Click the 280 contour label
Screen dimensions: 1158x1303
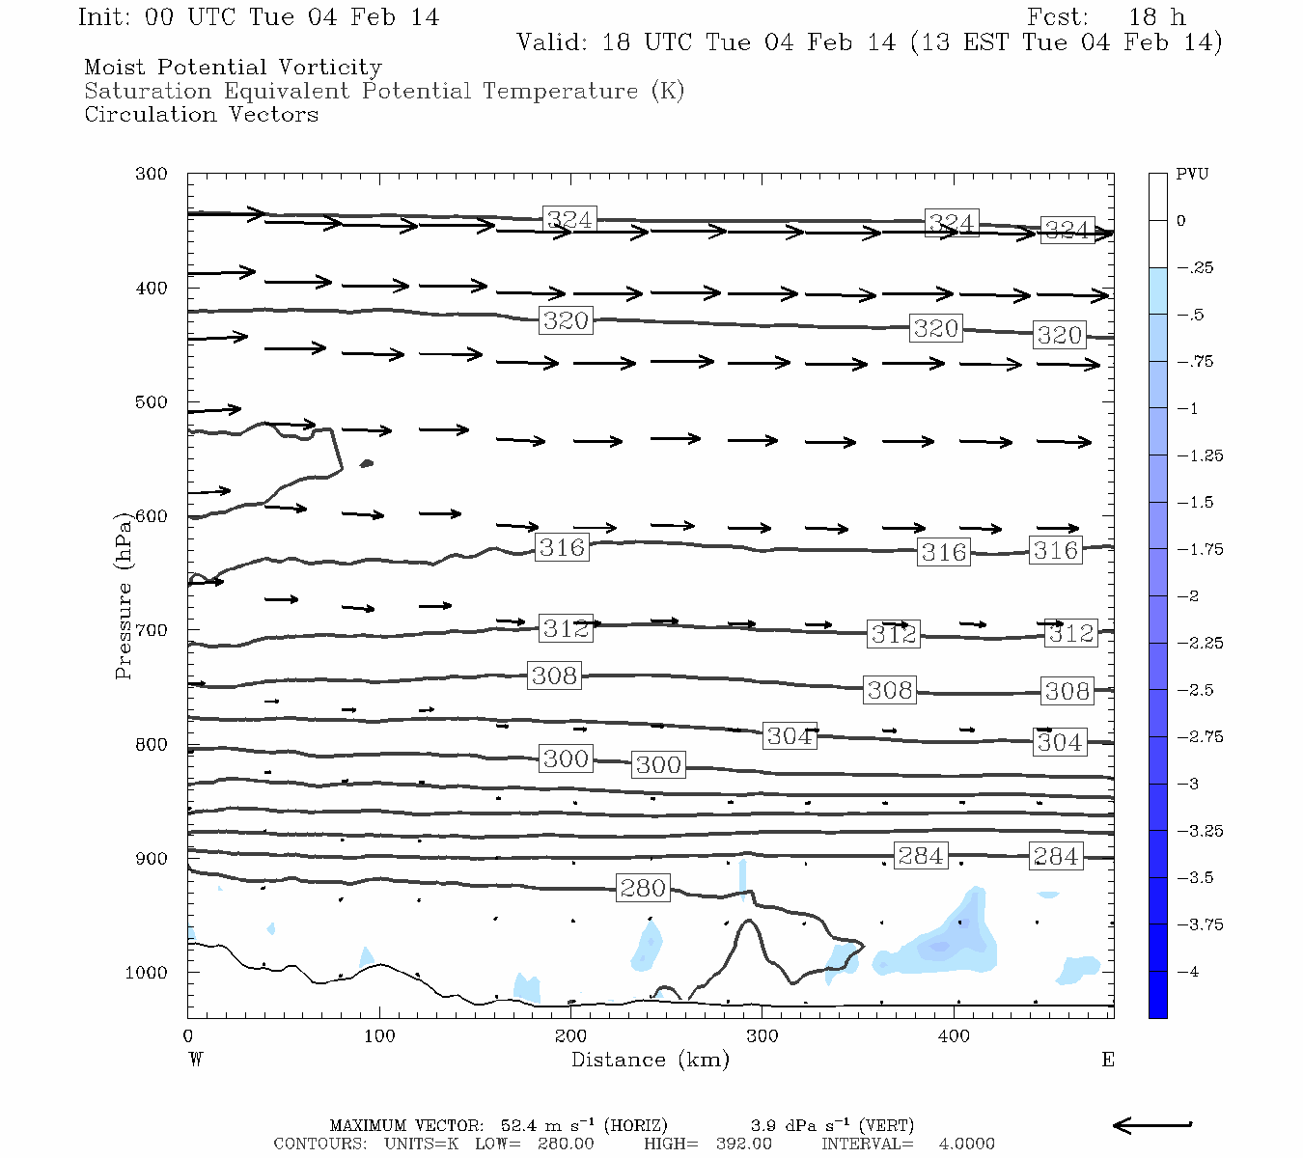643,888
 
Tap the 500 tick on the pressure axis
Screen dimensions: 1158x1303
152,402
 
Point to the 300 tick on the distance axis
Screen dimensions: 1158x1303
762,1036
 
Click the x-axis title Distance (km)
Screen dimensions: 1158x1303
650,1060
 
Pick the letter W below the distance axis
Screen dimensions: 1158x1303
196,1060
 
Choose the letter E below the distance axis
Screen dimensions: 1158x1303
1108,1060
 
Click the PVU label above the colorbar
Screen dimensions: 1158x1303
1192,174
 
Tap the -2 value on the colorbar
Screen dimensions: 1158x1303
1188,596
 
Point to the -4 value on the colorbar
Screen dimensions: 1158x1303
1188,972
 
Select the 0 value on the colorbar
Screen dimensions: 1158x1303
1181,221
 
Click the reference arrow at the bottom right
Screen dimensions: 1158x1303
1152,1124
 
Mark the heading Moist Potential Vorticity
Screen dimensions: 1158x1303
233,68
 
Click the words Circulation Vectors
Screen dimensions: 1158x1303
201,114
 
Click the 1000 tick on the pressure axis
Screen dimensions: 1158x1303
147,973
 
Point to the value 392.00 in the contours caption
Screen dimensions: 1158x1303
743,1144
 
